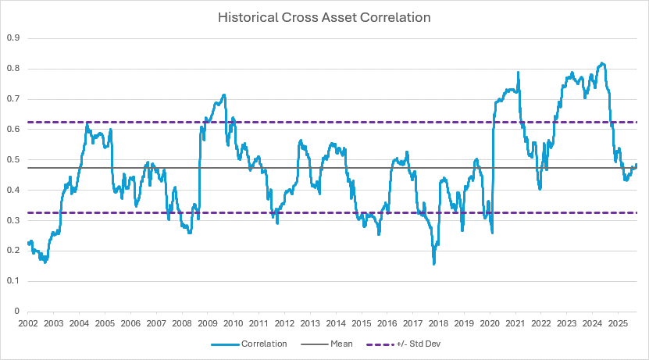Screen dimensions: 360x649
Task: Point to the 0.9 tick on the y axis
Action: (x=15, y=37)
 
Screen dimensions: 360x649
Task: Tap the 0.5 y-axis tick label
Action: (x=15, y=159)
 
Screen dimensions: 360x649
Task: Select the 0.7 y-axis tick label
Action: (x=15, y=98)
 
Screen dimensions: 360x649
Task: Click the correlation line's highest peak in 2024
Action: (x=601, y=63)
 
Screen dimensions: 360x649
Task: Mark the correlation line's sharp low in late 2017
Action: (x=434, y=264)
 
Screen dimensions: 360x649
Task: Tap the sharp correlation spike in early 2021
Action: (x=518, y=73)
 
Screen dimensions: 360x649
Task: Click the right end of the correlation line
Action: (x=637, y=165)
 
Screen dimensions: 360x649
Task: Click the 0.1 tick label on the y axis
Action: (x=15, y=280)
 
